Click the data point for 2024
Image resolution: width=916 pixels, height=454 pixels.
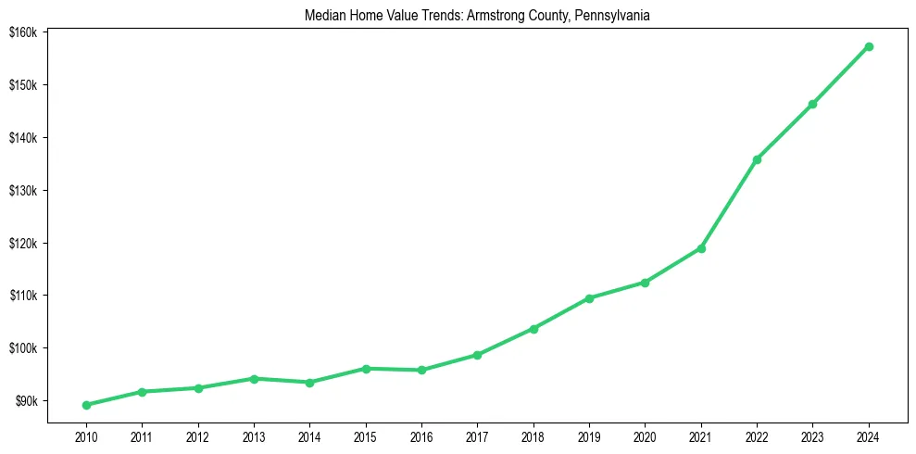pos(869,46)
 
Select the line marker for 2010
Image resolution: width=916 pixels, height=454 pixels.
pos(86,405)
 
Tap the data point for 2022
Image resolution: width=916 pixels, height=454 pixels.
pos(757,159)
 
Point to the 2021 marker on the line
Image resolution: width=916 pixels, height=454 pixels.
pos(701,248)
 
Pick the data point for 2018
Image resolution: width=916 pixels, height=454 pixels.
pos(533,329)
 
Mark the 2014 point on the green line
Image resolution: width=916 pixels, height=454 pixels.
pos(309,383)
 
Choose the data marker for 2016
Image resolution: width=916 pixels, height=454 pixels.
pos(421,370)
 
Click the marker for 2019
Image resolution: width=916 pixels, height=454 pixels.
pos(589,298)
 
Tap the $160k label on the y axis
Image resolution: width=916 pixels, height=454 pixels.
pos(22,32)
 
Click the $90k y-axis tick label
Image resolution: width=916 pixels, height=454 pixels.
pos(25,401)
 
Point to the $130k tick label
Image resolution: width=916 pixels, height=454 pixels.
pos(22,191)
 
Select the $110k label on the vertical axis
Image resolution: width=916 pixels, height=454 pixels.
pos(22,296)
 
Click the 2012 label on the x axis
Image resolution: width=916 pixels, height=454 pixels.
pos(198,435)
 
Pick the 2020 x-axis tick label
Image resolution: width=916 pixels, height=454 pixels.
pos(646,435)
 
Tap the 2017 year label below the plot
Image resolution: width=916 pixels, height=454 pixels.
pos(477,435)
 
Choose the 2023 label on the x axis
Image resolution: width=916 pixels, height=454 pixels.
pos(813,435)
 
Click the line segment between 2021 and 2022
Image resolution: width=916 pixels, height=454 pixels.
pos(729,204)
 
